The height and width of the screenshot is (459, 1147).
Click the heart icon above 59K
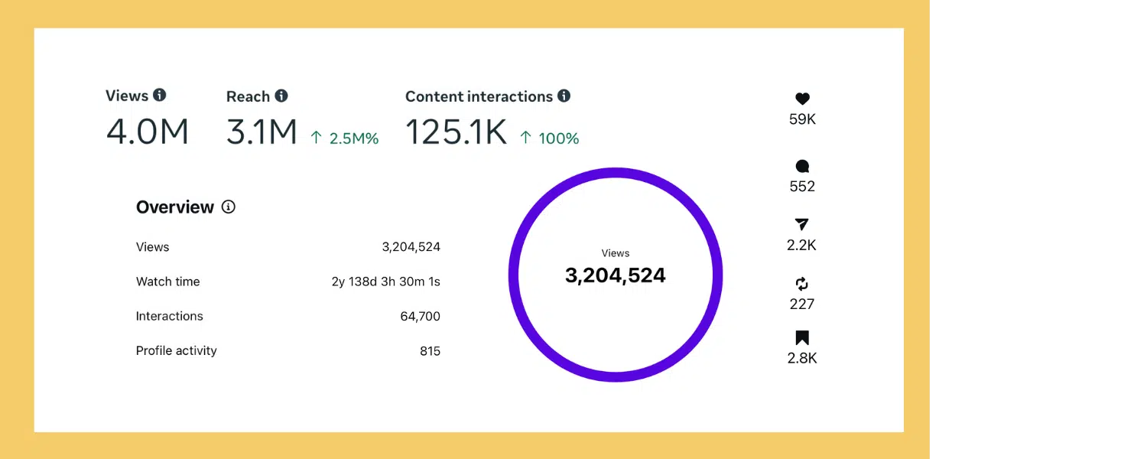tap(802, 99)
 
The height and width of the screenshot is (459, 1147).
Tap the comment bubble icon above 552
tap(802, 166)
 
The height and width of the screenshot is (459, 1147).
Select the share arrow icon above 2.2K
tap(801, 224)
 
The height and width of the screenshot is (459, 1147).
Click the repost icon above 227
tap(801, 284)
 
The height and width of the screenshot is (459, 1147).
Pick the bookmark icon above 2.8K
tap(802, 337)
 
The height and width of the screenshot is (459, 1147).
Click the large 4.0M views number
tap(148, 132)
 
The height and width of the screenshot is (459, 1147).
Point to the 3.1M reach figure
tap(262, 132)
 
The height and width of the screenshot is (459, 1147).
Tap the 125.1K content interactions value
tap(456, 132)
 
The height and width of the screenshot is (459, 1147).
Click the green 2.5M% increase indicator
tap(345, 138)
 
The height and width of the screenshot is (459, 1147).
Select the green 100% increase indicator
tap(550, 138)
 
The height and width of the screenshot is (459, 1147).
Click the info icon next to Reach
tap(281, 96)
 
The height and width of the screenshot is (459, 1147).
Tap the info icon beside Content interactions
tap(564, 96)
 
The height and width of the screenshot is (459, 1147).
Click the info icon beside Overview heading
tap(229, 207)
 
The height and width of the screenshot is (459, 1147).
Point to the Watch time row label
tap(168, 282)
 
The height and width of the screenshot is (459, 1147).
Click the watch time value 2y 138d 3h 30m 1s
tap(385, 282)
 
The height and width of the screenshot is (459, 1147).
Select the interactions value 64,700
tap(420, 316)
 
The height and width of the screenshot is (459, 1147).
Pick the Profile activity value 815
tap(430, 351)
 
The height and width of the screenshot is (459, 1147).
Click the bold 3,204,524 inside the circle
tap(615, 275)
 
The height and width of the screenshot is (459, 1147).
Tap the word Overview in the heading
tap(175, 207)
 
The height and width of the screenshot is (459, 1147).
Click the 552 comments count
tap(802, 186)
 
